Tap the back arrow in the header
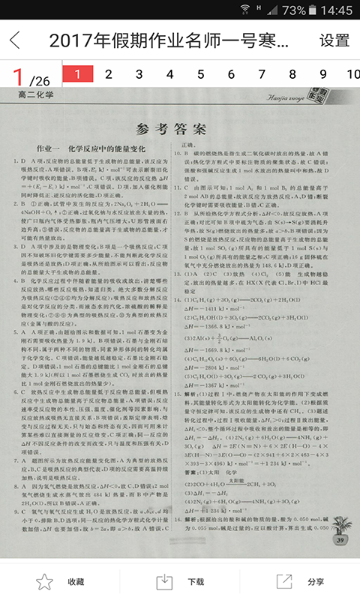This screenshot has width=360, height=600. point(16,40)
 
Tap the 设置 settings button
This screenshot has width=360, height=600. point(334,40)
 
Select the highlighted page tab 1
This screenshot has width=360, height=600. point(78,74)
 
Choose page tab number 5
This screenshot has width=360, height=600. point(200,74)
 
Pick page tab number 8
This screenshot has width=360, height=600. point(292,74)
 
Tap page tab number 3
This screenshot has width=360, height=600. point(139,74)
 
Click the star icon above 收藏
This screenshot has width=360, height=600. point(45,581)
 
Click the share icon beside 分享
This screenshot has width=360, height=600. point(284,581)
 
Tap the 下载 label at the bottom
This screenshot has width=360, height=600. point(196,582)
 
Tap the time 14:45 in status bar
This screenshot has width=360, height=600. point(335,10)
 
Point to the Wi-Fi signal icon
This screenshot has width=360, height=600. point(245,10)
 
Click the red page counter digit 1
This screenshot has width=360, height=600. point(17,76)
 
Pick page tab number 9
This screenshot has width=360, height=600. point(323,74)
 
